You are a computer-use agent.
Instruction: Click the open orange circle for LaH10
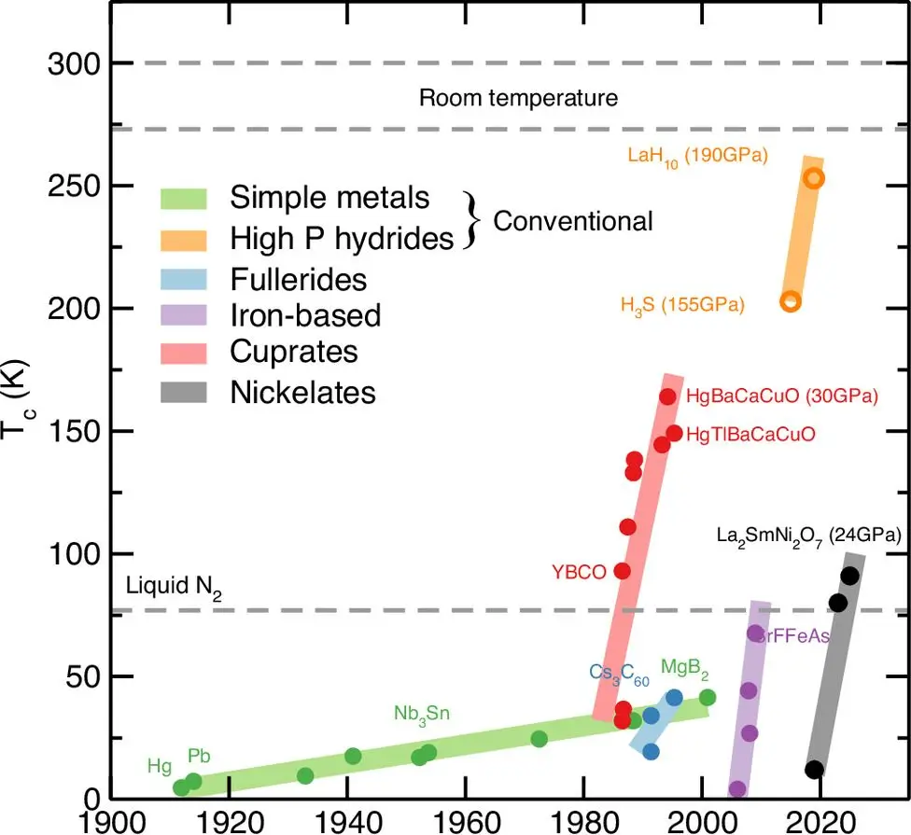[x=814, y=178]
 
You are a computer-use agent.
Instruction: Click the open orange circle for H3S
[x=791, y=301]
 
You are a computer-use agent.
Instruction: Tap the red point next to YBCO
[x=623, y=570]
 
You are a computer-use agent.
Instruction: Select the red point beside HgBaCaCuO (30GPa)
[x=667, y=397]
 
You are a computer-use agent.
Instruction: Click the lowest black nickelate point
[x=815, y=770]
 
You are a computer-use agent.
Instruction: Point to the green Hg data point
[x=181, y=787]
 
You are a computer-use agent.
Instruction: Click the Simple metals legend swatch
[x=189, y=198]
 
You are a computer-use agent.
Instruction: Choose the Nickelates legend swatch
[x=189, y=393]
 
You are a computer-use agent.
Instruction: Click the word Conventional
[x=573, y=221]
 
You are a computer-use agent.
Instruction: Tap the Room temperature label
[x=518, y=98]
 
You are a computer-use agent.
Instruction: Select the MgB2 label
[x=686, y=668]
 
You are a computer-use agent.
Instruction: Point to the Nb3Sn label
[x=422, y=715]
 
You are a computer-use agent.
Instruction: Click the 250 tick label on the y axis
[x=71, y=186]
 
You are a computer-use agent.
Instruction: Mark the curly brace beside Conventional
[x=473, y=220]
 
